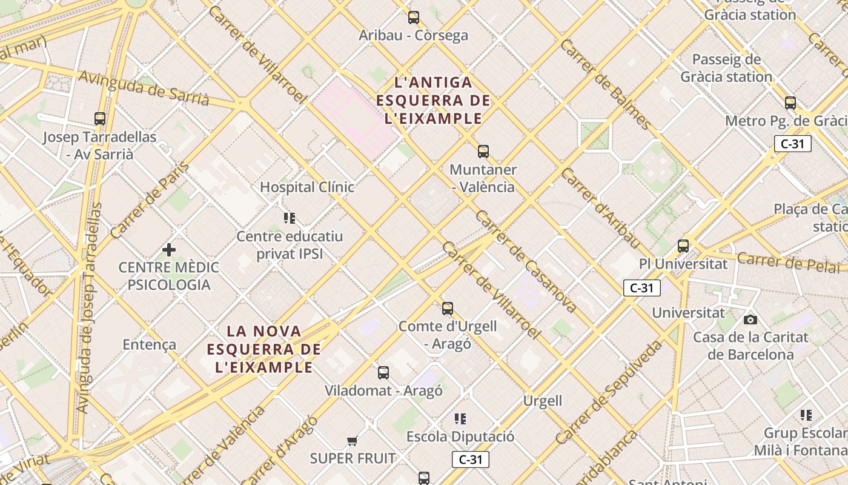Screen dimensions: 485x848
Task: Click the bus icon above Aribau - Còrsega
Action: [x=414, y=18]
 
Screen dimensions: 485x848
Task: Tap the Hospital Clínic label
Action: [x=307, y=187]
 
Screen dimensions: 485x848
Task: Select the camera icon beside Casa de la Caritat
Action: [x=750, y=319]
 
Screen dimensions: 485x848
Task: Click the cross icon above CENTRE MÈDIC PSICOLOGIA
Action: [x=169, y=249]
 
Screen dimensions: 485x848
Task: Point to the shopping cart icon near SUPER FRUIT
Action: [x=352, y=441]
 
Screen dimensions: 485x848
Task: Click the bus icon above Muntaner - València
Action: [x=483, y=152]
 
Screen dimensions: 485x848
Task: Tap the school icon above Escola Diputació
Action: [x=460, y=418]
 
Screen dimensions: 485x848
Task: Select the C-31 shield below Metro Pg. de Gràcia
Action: [x=792, y=144]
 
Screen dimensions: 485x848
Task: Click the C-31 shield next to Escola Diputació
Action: [x=470, y=460]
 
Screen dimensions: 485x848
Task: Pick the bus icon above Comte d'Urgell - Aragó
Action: [x=447, y=309]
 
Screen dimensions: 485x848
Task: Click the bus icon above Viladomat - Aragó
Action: [x=383, y=373]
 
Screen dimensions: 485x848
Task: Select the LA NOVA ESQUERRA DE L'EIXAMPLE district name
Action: [x=264, y=349]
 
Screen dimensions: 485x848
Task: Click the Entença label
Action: [x=150, y=345]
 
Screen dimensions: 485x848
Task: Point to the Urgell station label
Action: [x=543, y=401]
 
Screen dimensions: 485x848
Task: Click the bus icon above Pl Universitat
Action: [x=683, y=246]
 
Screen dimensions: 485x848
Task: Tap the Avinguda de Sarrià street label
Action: [x=144, y=89]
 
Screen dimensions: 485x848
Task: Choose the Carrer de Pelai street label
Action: [x=789, y=263]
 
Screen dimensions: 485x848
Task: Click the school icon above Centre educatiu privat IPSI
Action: [x=290, y=218]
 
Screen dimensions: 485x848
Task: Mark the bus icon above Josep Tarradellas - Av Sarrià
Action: [x=100, y=119]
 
